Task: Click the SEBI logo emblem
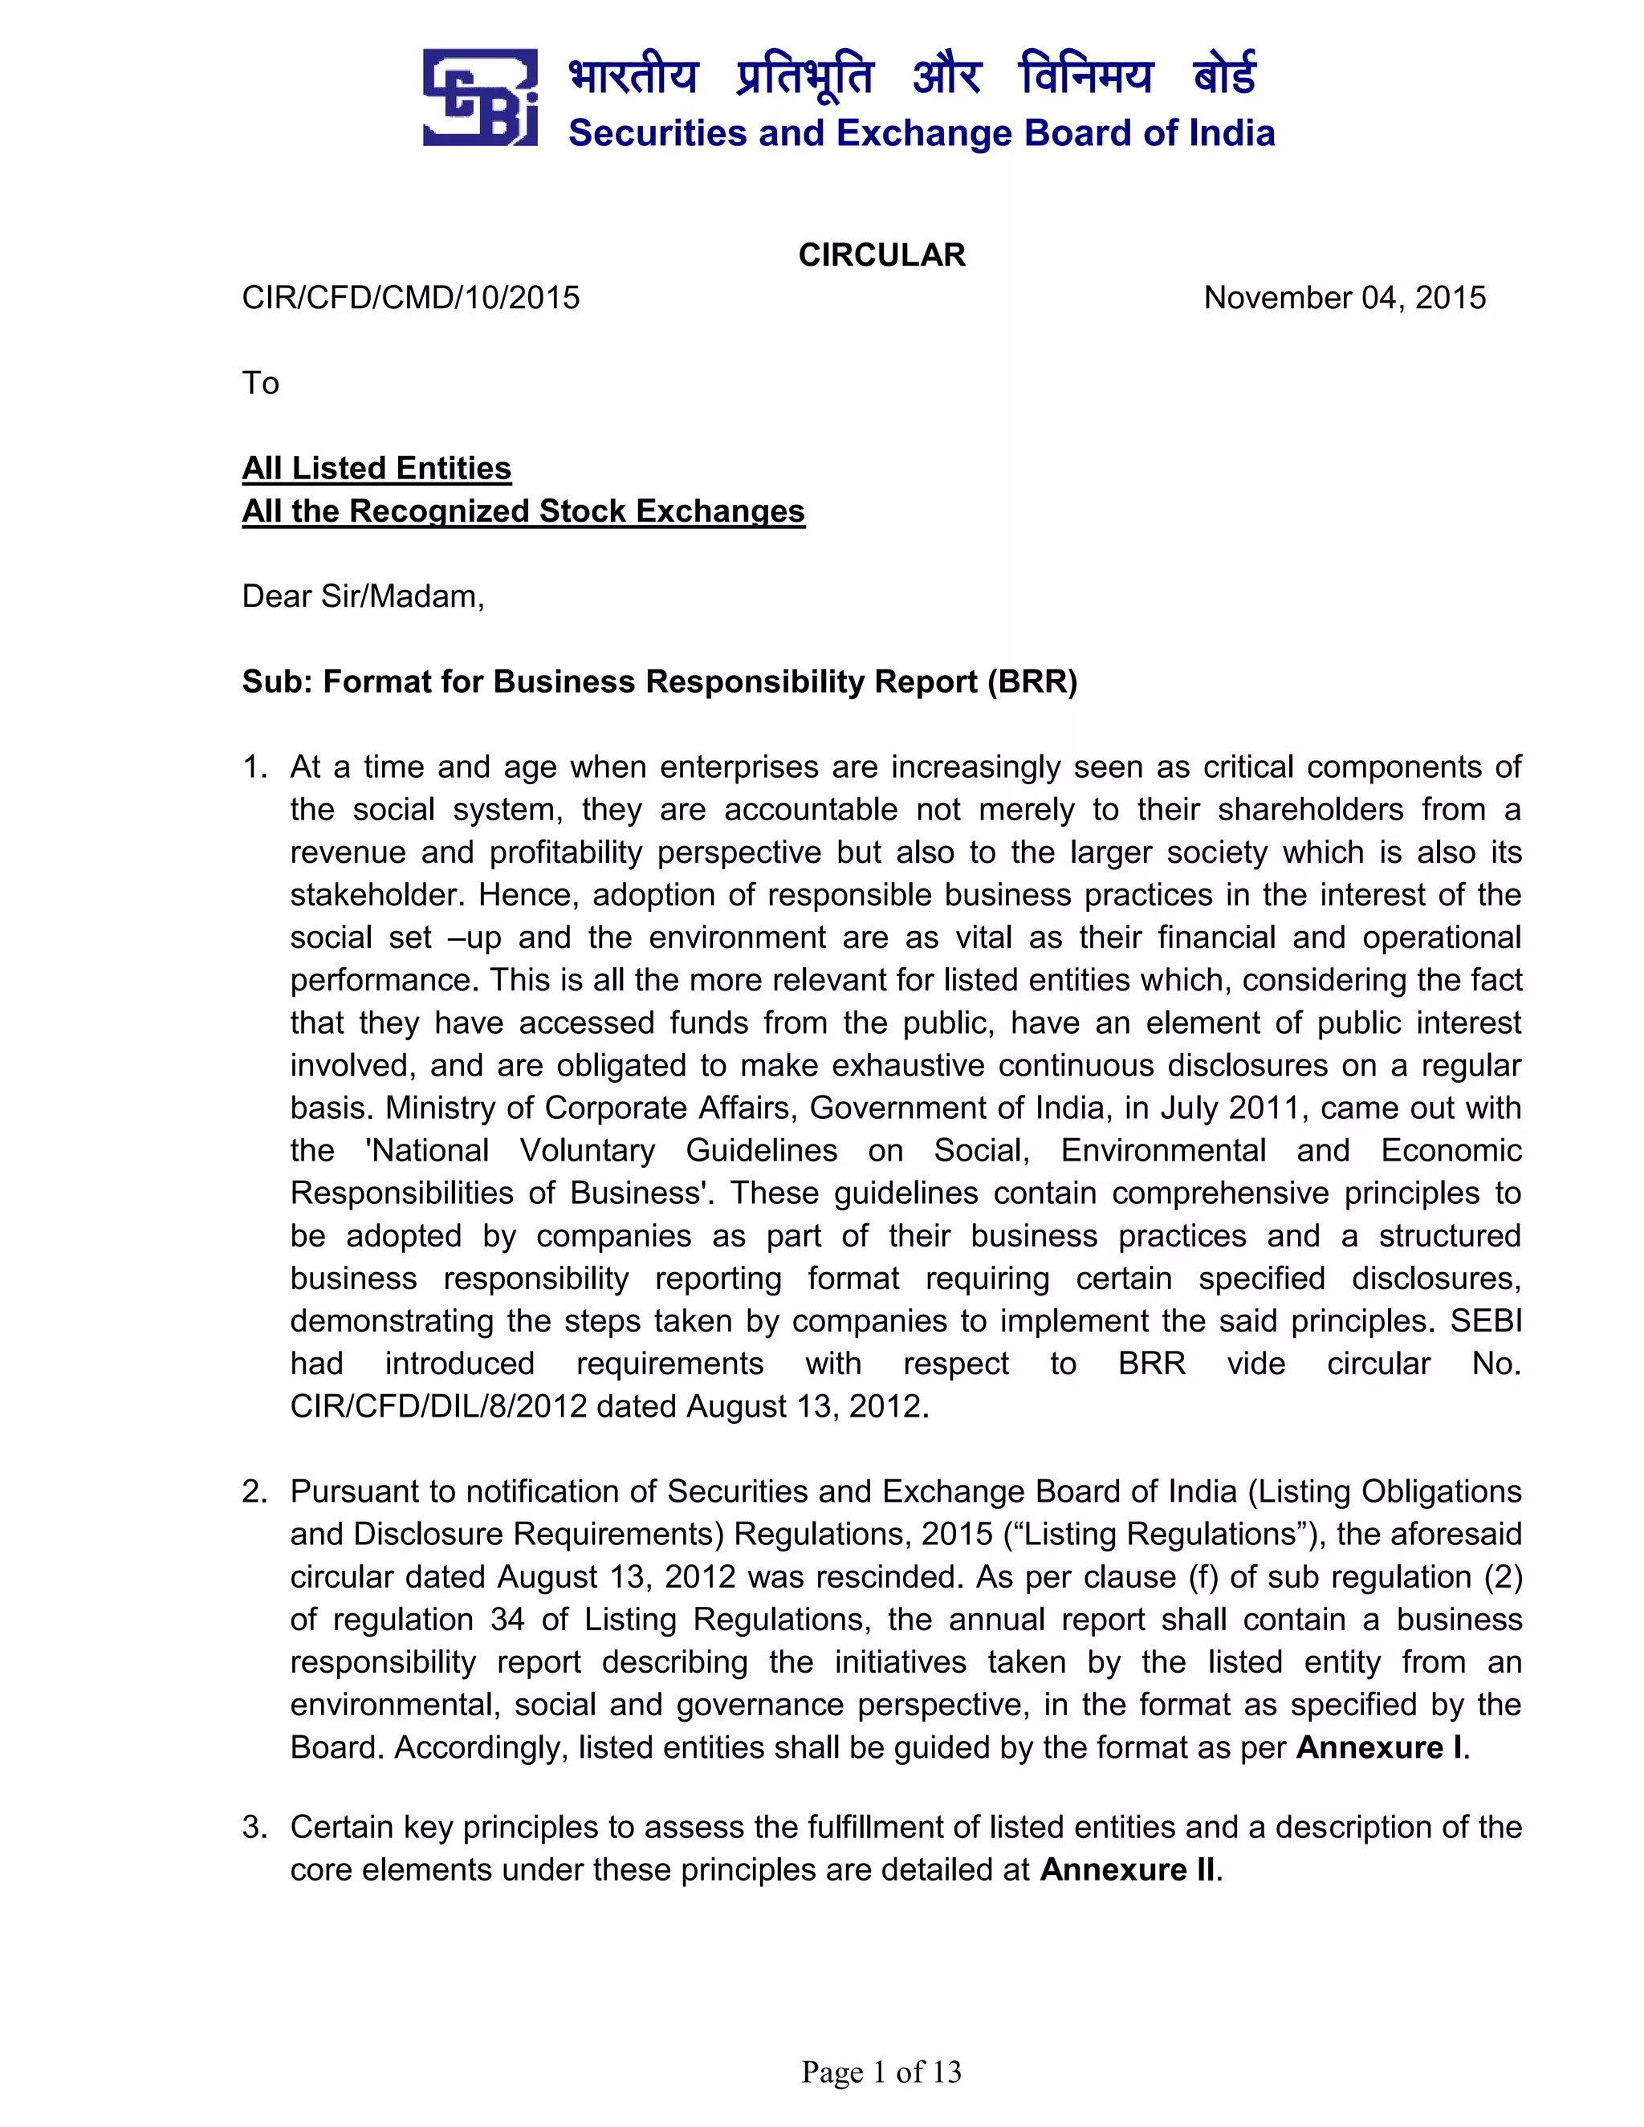480,97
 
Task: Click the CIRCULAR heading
881,255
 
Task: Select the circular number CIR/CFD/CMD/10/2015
410,297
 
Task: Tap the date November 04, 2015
1344,297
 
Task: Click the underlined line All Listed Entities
376,469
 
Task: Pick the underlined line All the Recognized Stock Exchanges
523,511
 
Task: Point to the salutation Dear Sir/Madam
362,596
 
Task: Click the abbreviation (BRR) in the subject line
1032,681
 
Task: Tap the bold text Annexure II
1128,1870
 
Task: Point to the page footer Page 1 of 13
881,2072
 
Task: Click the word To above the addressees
260,383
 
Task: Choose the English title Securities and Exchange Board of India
921,133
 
